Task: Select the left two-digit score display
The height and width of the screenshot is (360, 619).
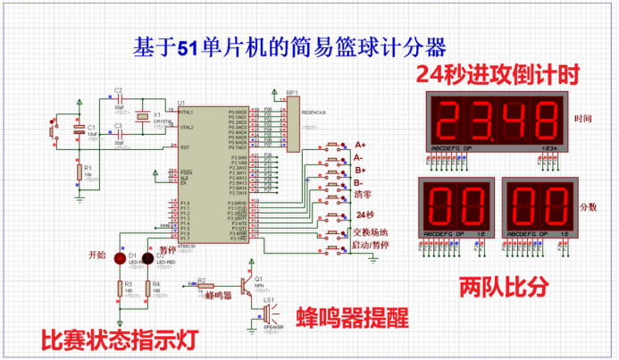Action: (456, 206)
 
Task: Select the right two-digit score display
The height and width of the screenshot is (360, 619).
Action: (538, 206)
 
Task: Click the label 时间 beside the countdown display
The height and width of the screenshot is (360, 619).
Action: (585, 118)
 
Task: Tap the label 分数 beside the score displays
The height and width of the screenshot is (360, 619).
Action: (589, 206)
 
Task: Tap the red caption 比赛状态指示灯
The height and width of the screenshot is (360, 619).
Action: (118, 339)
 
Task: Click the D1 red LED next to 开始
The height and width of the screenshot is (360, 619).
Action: (119, 257)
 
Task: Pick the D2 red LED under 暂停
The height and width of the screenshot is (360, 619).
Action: (151, 258)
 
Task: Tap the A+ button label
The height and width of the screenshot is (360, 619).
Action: (361, 145)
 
